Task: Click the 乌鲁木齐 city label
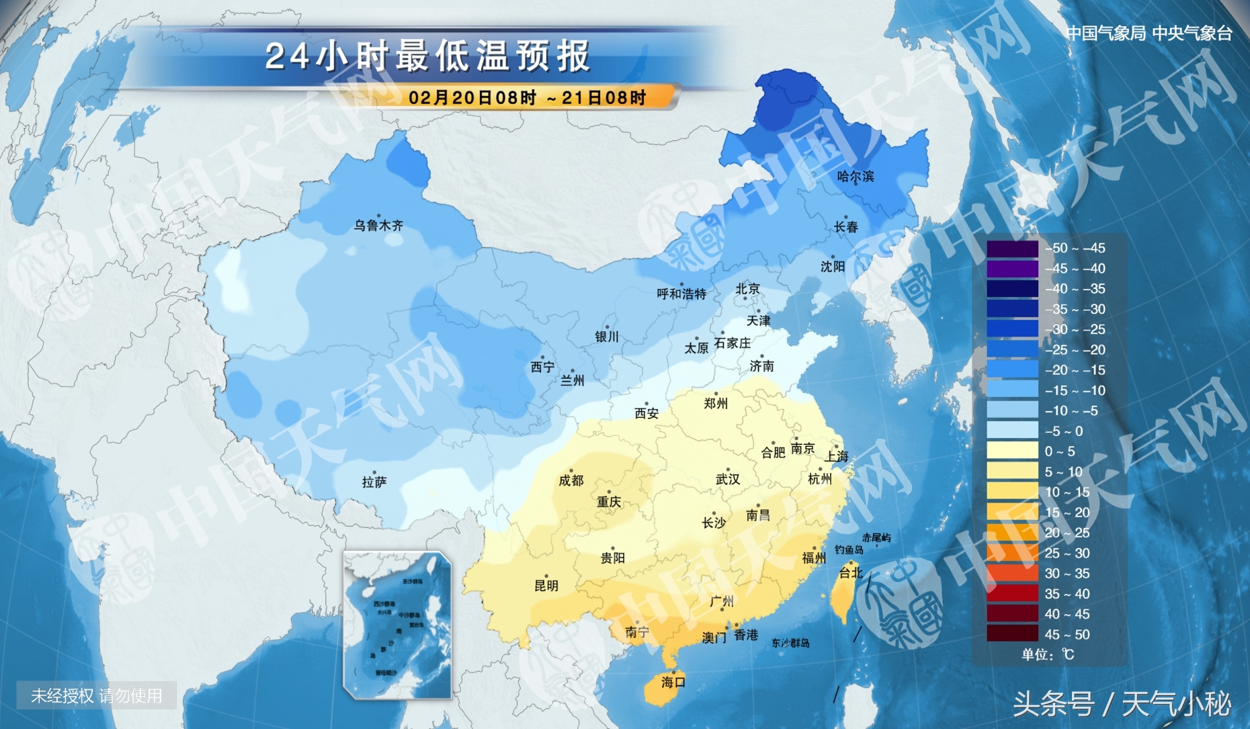pyautogui.click(x=378, y=226)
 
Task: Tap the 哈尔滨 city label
pyautogui.click(x=856, y=177)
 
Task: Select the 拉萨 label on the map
pyautogui.click(x=374, y=482)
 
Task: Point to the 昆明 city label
pyautogui.click(x=546, y=586)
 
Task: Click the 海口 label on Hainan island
pyautogui.click(x=673, y=683)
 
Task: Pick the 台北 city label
pyautogui.click(x=851, y=572)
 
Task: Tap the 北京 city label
pyautogui.click(x=747, y=289)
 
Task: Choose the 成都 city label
pyautogui.click(x=571, y=480)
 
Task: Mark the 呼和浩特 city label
pyautogui.click(x=681, y=294)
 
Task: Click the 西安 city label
pyautogui.click(x=647, y=414)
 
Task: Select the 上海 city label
pyautogui.click(x=837, y=456)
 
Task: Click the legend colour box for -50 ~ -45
pyautogui.click(x=1012, y=249)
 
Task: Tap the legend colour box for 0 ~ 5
pyautogui.click(x=1012, y=452)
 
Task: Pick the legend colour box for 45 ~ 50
pyautogui.click(x=1012, y=634)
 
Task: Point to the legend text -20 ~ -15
pyautogui.click(x=1075, y=370)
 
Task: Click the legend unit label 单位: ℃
pyautogui.click(x=1048, y=654)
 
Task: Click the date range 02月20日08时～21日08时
pyautogui.click(x=527, y=98)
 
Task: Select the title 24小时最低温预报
pyautogui.click(x=427, y=56)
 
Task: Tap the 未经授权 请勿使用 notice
pyautogui.click(x=97, y=695)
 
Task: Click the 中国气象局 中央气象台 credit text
pyautogui.click(x=1149, y=33)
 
